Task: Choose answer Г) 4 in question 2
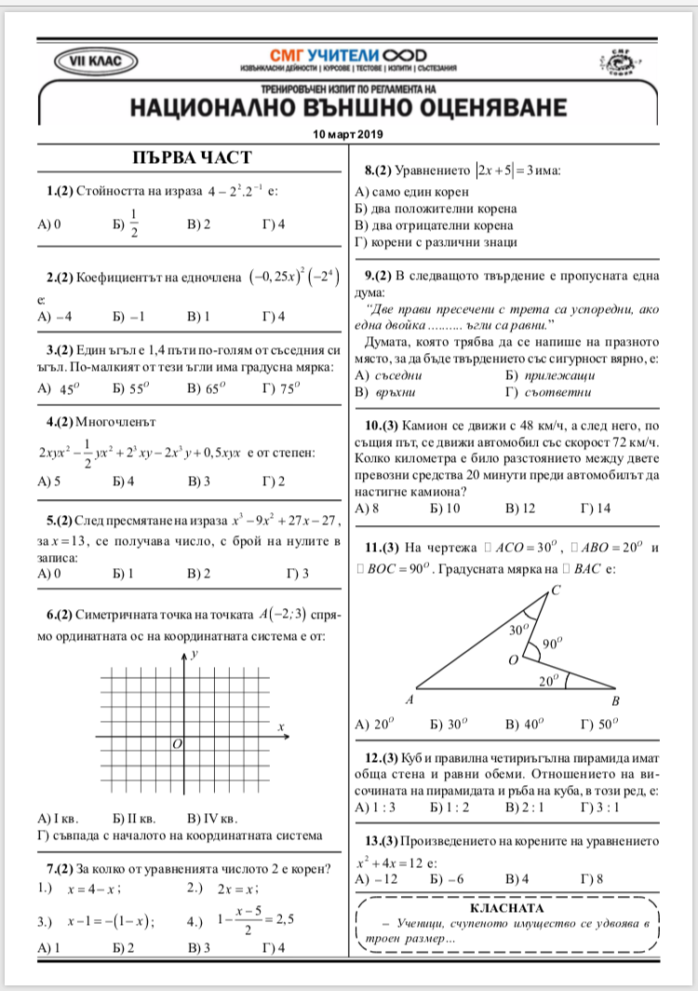point(274,317)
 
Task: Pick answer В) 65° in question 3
point(207,388)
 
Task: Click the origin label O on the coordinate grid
point(176,743)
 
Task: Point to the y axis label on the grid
point(195,655)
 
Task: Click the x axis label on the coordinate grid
point(280,726)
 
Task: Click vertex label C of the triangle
point(556,590)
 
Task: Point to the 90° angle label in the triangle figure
point(552,644)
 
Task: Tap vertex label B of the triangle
point(615,701)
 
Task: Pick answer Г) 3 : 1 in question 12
point(598,807)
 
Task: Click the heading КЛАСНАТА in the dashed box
point(507,906)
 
